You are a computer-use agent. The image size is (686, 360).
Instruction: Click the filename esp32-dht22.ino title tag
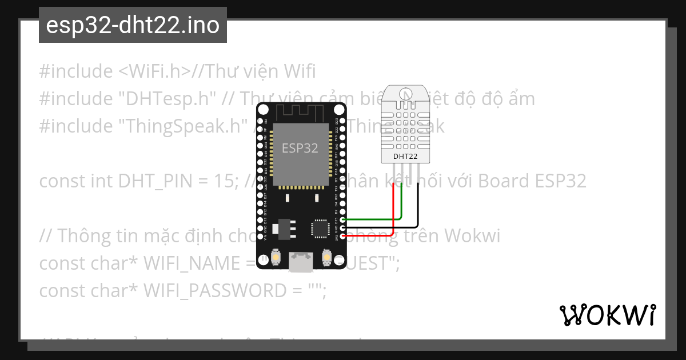(x=133, y=26)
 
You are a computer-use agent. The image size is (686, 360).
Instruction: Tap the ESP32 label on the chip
(x=300, y=148)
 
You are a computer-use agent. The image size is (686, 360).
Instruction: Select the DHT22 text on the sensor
(x=405, y=156)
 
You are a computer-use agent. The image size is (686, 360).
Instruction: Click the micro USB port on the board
(x=301, y=263)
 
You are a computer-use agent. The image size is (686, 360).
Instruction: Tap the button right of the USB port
(x=328, y=258)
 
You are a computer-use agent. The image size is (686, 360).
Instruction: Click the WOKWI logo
(x=607, y=315)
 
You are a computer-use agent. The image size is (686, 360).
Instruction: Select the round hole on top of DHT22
(x=405, y=94)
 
